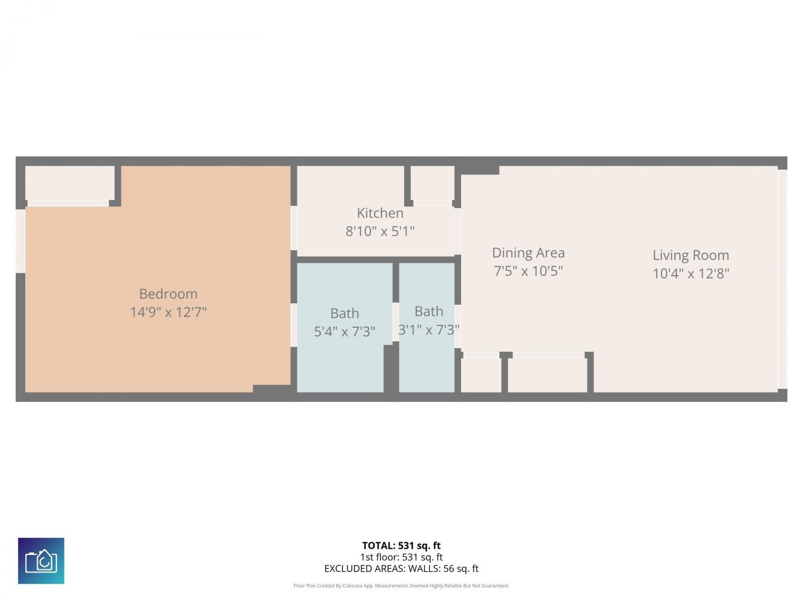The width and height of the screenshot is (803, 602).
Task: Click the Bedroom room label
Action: (168, 293)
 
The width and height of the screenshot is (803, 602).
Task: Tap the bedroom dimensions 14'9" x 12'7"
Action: (168, 312)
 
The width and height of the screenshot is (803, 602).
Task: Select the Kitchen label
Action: (380, 213)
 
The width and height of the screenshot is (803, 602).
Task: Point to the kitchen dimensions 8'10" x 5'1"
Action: (380, 231)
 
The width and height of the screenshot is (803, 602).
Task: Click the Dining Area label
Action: (528, 253)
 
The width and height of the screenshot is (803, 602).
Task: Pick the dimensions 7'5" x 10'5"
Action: (528, 271)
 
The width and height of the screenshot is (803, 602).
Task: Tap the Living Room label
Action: (691, 255)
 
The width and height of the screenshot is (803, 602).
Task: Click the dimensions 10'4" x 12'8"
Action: (691, 273)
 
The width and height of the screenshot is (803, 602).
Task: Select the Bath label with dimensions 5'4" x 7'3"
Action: (344, 313)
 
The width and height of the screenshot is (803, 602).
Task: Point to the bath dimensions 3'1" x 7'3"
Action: (429, 330)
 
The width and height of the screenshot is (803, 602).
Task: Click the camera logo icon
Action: (41, 561)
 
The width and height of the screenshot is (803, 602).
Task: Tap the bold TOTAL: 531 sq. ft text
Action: (401, 546)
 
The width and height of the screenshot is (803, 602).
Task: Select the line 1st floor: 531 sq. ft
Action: (401, 557)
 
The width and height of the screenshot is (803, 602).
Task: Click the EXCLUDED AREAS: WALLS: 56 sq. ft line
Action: (401, 569)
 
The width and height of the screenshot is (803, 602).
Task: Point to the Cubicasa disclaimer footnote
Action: (401, 586)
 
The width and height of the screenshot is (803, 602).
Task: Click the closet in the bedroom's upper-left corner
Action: (69, 182)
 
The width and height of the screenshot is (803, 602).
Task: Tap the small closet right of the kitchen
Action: (433, 182)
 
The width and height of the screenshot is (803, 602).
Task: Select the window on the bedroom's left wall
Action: (21, 241)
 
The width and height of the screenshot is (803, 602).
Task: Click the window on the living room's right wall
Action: (782, 278)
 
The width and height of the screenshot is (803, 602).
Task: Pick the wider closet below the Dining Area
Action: (547, 374)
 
